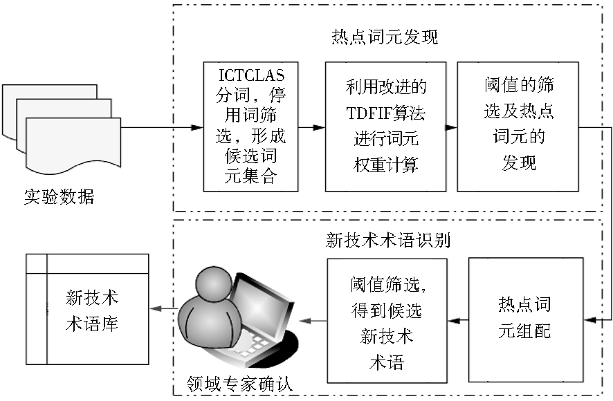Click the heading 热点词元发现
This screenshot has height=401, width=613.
385,37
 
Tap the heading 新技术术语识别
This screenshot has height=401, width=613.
388,240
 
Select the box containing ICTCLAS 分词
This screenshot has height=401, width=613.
250,127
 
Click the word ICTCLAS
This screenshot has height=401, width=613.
251,75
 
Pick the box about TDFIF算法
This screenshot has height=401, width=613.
385,127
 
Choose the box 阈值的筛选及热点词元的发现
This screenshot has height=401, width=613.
518,127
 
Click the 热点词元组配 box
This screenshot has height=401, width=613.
526,319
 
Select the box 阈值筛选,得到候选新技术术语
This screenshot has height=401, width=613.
387,321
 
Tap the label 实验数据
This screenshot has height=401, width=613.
59,196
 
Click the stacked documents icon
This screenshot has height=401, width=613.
62,129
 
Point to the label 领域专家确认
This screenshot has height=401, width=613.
239,384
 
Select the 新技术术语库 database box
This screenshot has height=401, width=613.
87,309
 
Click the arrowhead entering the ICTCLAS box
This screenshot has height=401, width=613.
197,127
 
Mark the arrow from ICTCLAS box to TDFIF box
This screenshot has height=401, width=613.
311,127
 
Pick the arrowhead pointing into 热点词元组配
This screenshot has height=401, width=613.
590,320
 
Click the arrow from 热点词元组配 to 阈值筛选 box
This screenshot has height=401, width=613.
458,321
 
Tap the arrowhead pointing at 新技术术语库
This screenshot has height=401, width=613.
156,309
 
